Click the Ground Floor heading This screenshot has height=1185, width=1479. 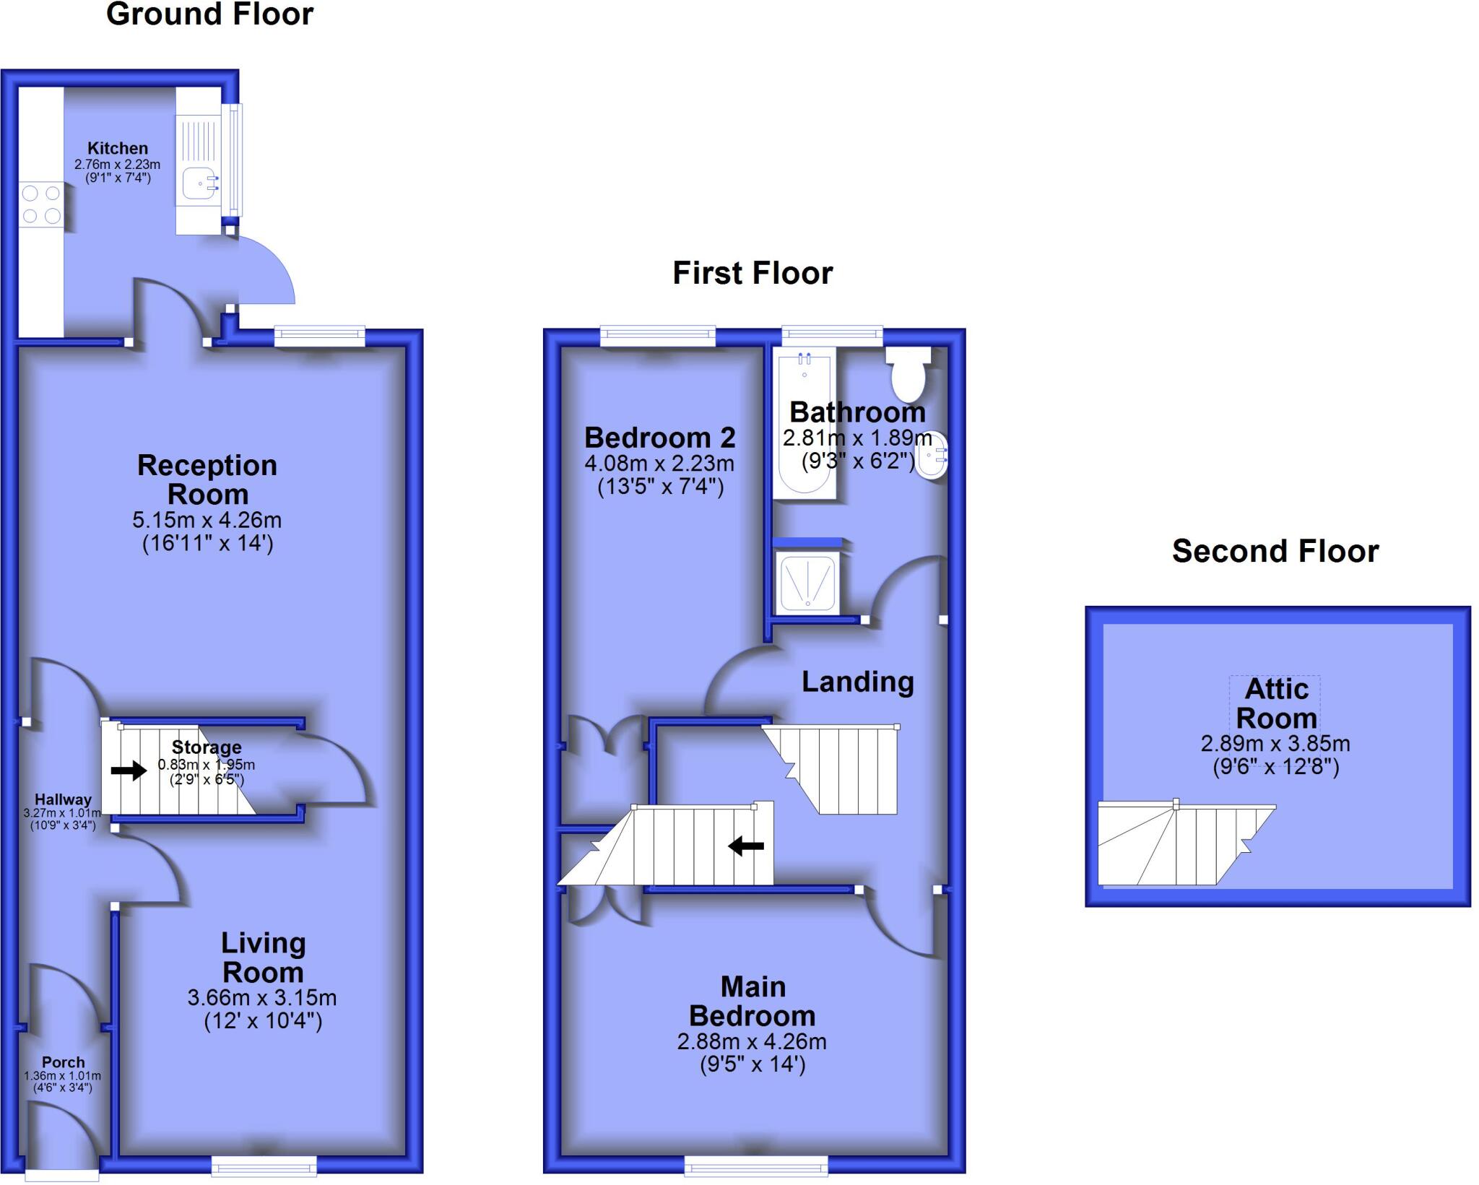(x=209, y=14)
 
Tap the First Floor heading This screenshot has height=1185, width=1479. (x=752, y=273)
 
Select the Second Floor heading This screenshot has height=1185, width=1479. (x=1275, y=551)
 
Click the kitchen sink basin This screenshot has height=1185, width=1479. (x=199, y=183)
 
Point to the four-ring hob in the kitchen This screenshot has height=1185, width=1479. (x=41, y=204)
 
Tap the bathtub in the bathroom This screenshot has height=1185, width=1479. (x=804, y=422)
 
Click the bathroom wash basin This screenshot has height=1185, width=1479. (x=932, y=454)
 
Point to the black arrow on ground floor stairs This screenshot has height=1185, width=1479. (x=129, y=771)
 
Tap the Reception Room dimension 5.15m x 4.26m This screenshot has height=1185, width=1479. (x=207, y=520)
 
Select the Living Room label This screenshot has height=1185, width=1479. (x=263, y=958)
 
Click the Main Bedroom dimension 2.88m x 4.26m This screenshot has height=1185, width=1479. (x=752, y=1041)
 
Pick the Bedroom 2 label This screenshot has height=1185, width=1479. (x=659, y=438)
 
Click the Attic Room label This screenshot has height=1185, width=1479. (x=1276, y=703)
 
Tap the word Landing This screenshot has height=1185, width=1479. (x=858, y=682)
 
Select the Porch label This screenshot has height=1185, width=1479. (x=63, y=1062)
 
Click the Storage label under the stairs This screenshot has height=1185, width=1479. (x=207, y=747)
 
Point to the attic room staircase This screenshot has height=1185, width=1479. (x=1184, y=846)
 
